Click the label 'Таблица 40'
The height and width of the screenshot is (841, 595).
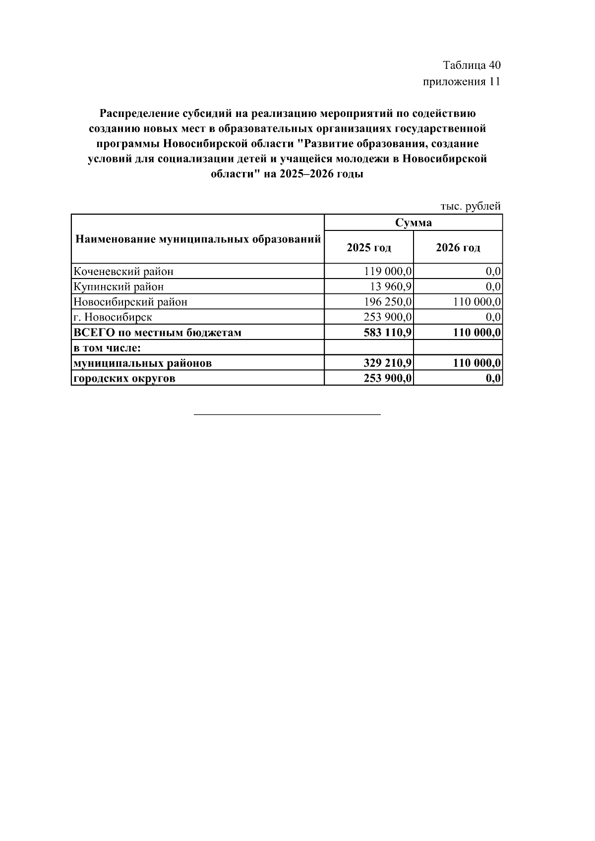tap(472, 65)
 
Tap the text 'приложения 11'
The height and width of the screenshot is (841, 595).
tap(461, 82)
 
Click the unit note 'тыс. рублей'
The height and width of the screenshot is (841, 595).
tap(470, 206)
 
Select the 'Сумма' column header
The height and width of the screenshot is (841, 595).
tap(413, 223)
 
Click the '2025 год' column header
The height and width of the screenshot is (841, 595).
tap(369, 247)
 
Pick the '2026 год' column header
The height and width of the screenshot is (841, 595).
tap(458, 247)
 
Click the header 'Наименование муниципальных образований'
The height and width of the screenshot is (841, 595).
tap(198, 240)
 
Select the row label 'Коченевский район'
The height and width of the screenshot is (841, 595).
tap(123, 272)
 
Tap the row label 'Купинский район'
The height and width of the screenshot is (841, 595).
tap(119, 287)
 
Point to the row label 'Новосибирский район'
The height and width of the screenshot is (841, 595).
tap(130, 302)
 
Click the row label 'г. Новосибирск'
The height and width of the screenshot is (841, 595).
tap(113, 317)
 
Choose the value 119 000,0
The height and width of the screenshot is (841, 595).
tap(388, 272)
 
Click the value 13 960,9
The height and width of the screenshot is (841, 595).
tap(391, 287)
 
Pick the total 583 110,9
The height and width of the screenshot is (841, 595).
tap(388, 333)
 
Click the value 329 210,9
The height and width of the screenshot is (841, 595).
tap(388, 363)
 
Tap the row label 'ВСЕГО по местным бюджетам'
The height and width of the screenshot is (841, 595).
tap(157, 333)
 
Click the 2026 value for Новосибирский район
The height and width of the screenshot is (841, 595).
tap(477, 302)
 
